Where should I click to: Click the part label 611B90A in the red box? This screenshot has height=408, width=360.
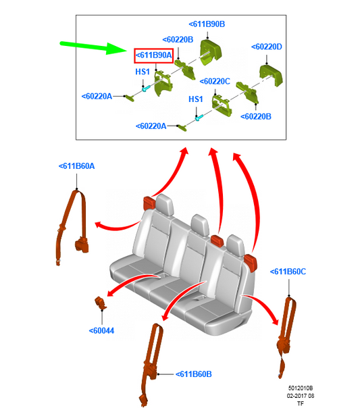(x=154, y=55)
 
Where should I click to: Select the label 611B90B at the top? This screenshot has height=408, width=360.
(x=207, y=24)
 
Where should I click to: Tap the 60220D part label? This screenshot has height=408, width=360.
(x=267, y=47)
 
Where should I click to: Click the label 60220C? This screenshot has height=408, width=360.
(x=215, y=82)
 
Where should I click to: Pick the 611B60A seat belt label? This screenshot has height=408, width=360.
(x=77, y=166)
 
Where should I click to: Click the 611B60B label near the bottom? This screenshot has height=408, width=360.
(x=194, y=374)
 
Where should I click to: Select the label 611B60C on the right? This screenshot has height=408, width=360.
(x=288, y=272)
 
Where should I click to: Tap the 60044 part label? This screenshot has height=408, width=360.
(x=101, y=331)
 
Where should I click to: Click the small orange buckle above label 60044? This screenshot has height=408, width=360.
(x=100, y=303)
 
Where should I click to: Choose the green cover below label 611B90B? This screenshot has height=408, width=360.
(x=211, y=52)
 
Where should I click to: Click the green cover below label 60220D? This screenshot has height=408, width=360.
(x=271, y=76)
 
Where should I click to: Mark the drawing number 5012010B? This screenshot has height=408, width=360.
(x=301, y=388)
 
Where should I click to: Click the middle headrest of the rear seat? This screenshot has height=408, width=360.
(x=200, y=225)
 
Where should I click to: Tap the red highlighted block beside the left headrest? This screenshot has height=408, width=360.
(x=149, y=203)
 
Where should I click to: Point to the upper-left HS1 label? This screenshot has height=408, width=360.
(x=143, y=72)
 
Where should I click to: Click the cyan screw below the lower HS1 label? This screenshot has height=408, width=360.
(x=199, y=118)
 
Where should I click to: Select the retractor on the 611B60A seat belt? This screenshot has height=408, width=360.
(x=82, y=245)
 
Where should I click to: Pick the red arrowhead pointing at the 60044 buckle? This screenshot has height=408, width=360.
(x=111, y=293)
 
